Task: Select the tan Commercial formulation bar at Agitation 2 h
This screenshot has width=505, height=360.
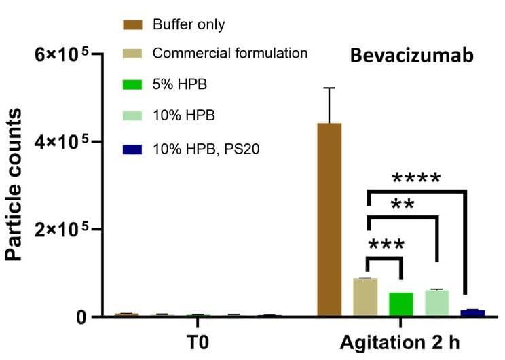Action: pos(365,298)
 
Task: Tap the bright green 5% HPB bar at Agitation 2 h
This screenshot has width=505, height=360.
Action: pos(401,304)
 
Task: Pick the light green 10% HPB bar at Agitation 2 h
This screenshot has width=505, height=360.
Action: pos(437,303)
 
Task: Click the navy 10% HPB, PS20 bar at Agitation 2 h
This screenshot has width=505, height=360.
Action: pos(472,313)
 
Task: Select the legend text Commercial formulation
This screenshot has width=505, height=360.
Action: pos(230,53)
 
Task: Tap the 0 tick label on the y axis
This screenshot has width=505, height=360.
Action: pos(81,317)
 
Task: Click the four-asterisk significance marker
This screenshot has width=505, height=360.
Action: pos(416,179)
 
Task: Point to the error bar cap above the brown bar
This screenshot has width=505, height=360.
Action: pos(329,88)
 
